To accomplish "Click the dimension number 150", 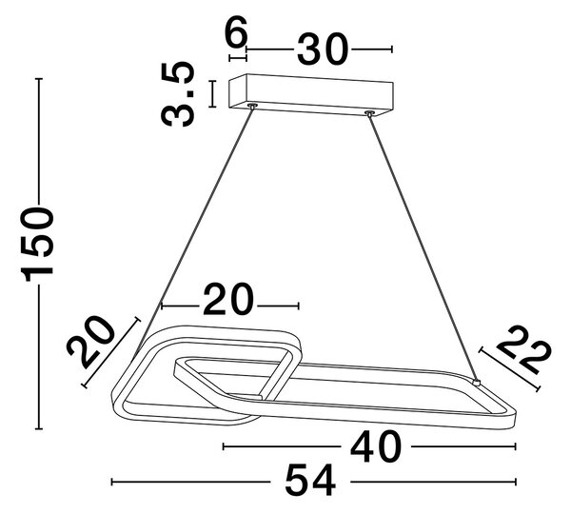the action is (38, 244).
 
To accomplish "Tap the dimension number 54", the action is (310, 480).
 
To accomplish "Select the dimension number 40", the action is (376, 446).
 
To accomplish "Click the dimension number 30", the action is (322, 49).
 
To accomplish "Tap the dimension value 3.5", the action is (177, 94).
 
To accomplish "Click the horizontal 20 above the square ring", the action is (228, 299).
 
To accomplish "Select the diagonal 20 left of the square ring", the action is (90, 342).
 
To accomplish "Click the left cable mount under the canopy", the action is (251, 106).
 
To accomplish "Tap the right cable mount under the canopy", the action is (369, 113).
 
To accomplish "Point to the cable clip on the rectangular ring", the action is (476, 382).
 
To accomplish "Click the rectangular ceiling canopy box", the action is (310, 96).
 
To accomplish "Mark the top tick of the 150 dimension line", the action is (40, 79).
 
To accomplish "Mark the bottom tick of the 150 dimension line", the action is (39, 429).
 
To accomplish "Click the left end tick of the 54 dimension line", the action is (111, 482).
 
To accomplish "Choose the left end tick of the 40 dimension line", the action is (224, 446).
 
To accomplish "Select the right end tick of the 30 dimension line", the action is (391, 49).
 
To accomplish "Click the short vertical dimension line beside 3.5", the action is (212, 94).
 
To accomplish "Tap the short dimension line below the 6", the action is (238, 57).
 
